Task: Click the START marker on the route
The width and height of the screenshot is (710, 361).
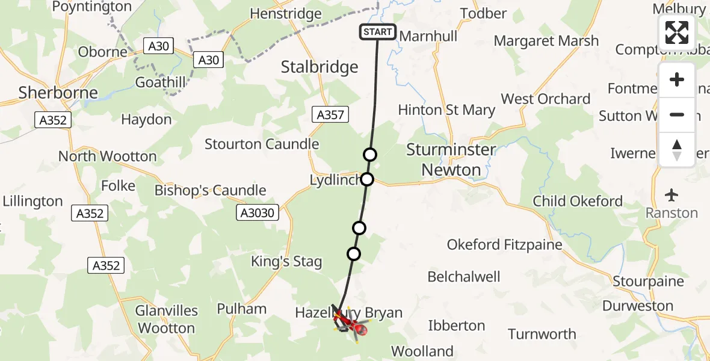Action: [378, 32]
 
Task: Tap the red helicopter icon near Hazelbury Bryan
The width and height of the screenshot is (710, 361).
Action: [359, 328]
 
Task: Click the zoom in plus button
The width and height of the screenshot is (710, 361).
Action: [677, 80]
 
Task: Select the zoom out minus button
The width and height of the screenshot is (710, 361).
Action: [677, 114]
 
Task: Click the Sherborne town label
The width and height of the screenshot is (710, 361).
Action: [58, 93]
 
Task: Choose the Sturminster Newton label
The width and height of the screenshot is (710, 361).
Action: [451, 159]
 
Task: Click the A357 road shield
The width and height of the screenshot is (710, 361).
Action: [330, 115]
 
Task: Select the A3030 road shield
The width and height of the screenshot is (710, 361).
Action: [257, 212]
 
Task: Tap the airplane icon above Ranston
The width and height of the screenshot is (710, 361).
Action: [671, 196]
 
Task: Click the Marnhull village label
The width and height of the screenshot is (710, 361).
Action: [428, 36]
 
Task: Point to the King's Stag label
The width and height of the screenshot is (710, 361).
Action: [286, 262]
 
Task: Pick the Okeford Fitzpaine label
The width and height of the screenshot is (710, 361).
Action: [504, 244]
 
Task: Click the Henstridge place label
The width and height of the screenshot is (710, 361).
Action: [286, 13]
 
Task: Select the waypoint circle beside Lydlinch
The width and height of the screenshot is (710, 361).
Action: [366, 179]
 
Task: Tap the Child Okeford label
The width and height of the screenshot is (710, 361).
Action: [578, 201]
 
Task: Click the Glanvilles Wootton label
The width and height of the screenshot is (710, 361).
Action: [167, 319]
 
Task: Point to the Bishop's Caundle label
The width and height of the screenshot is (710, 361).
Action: [210, 191]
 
